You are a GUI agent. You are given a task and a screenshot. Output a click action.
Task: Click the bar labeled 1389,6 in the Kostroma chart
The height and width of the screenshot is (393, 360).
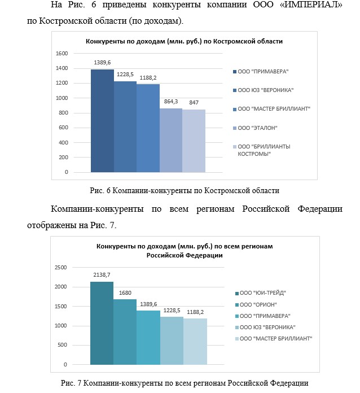102,121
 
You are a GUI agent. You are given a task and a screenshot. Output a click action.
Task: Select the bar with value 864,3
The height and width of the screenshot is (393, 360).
171,141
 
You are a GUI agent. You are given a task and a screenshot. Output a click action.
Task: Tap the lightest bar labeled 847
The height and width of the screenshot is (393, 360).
194,141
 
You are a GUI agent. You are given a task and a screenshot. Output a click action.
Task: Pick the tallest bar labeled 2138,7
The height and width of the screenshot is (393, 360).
102,323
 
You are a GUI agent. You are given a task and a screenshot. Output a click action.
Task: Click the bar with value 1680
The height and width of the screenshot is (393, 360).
125,332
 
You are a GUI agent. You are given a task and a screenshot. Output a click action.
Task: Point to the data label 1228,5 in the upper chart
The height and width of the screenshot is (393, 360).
125,75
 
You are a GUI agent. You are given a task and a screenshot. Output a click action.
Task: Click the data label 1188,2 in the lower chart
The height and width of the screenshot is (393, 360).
195,312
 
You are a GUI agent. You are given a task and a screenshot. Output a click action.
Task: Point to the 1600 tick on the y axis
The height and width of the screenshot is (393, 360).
62,54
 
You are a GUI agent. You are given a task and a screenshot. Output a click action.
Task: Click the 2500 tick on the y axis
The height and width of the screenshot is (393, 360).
60,268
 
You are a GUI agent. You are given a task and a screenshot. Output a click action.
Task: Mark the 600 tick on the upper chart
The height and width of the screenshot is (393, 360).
63,128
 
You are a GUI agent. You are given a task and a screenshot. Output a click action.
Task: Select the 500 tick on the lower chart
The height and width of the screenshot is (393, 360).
62,345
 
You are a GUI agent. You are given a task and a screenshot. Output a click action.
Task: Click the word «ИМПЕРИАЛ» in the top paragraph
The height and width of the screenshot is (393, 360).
311,5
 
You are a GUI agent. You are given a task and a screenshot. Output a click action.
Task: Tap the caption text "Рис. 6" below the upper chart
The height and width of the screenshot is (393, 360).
100,191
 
